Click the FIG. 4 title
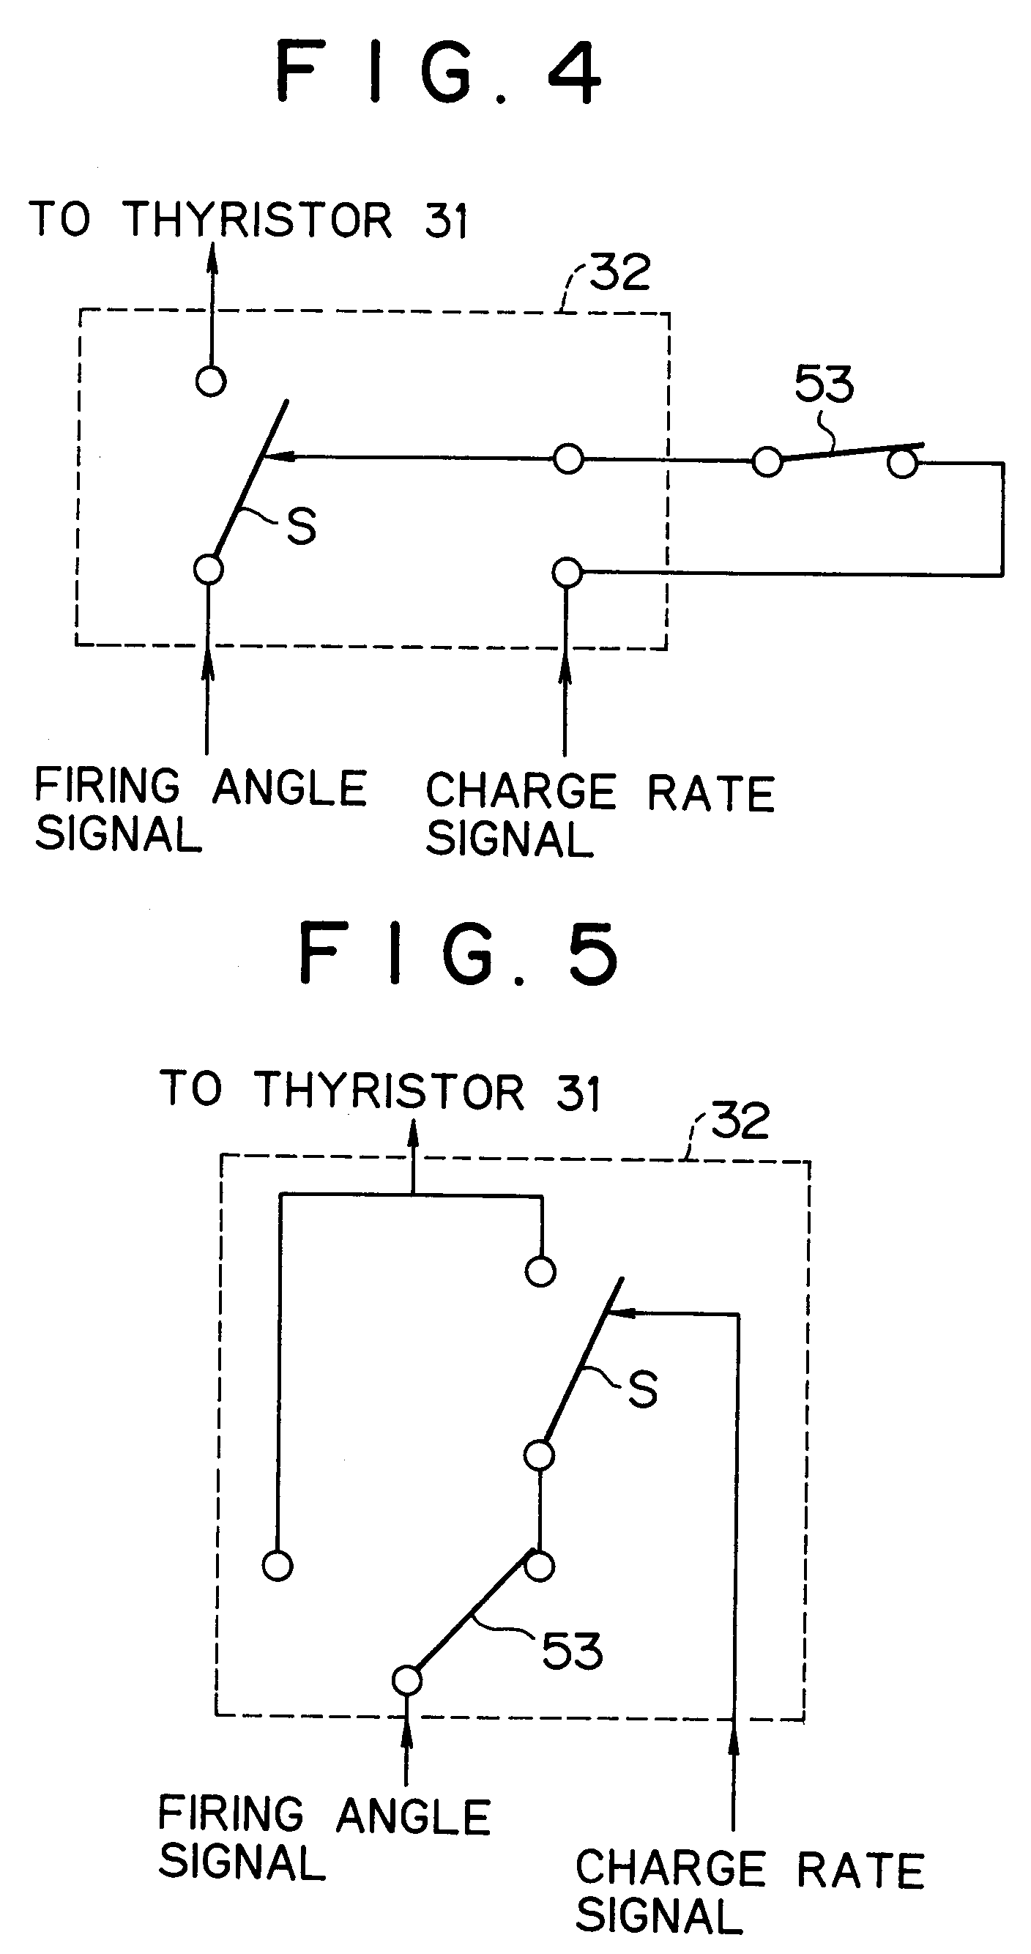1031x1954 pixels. [439, 72]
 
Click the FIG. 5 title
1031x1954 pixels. [459, 953]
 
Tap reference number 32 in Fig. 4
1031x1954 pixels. [619, 272]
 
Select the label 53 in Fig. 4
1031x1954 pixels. [824, 384]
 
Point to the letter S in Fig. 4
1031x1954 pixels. [301, 526]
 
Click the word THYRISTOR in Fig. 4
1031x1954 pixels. [257, 220]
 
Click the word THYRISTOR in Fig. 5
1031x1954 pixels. [388, 1091]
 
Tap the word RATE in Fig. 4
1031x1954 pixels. [711, 793]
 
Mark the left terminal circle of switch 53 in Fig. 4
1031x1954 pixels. [767, 461]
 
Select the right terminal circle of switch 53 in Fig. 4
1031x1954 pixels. [903, 463]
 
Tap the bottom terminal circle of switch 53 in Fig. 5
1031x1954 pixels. [406, 1680]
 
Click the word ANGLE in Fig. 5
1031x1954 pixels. [414, 1817]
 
